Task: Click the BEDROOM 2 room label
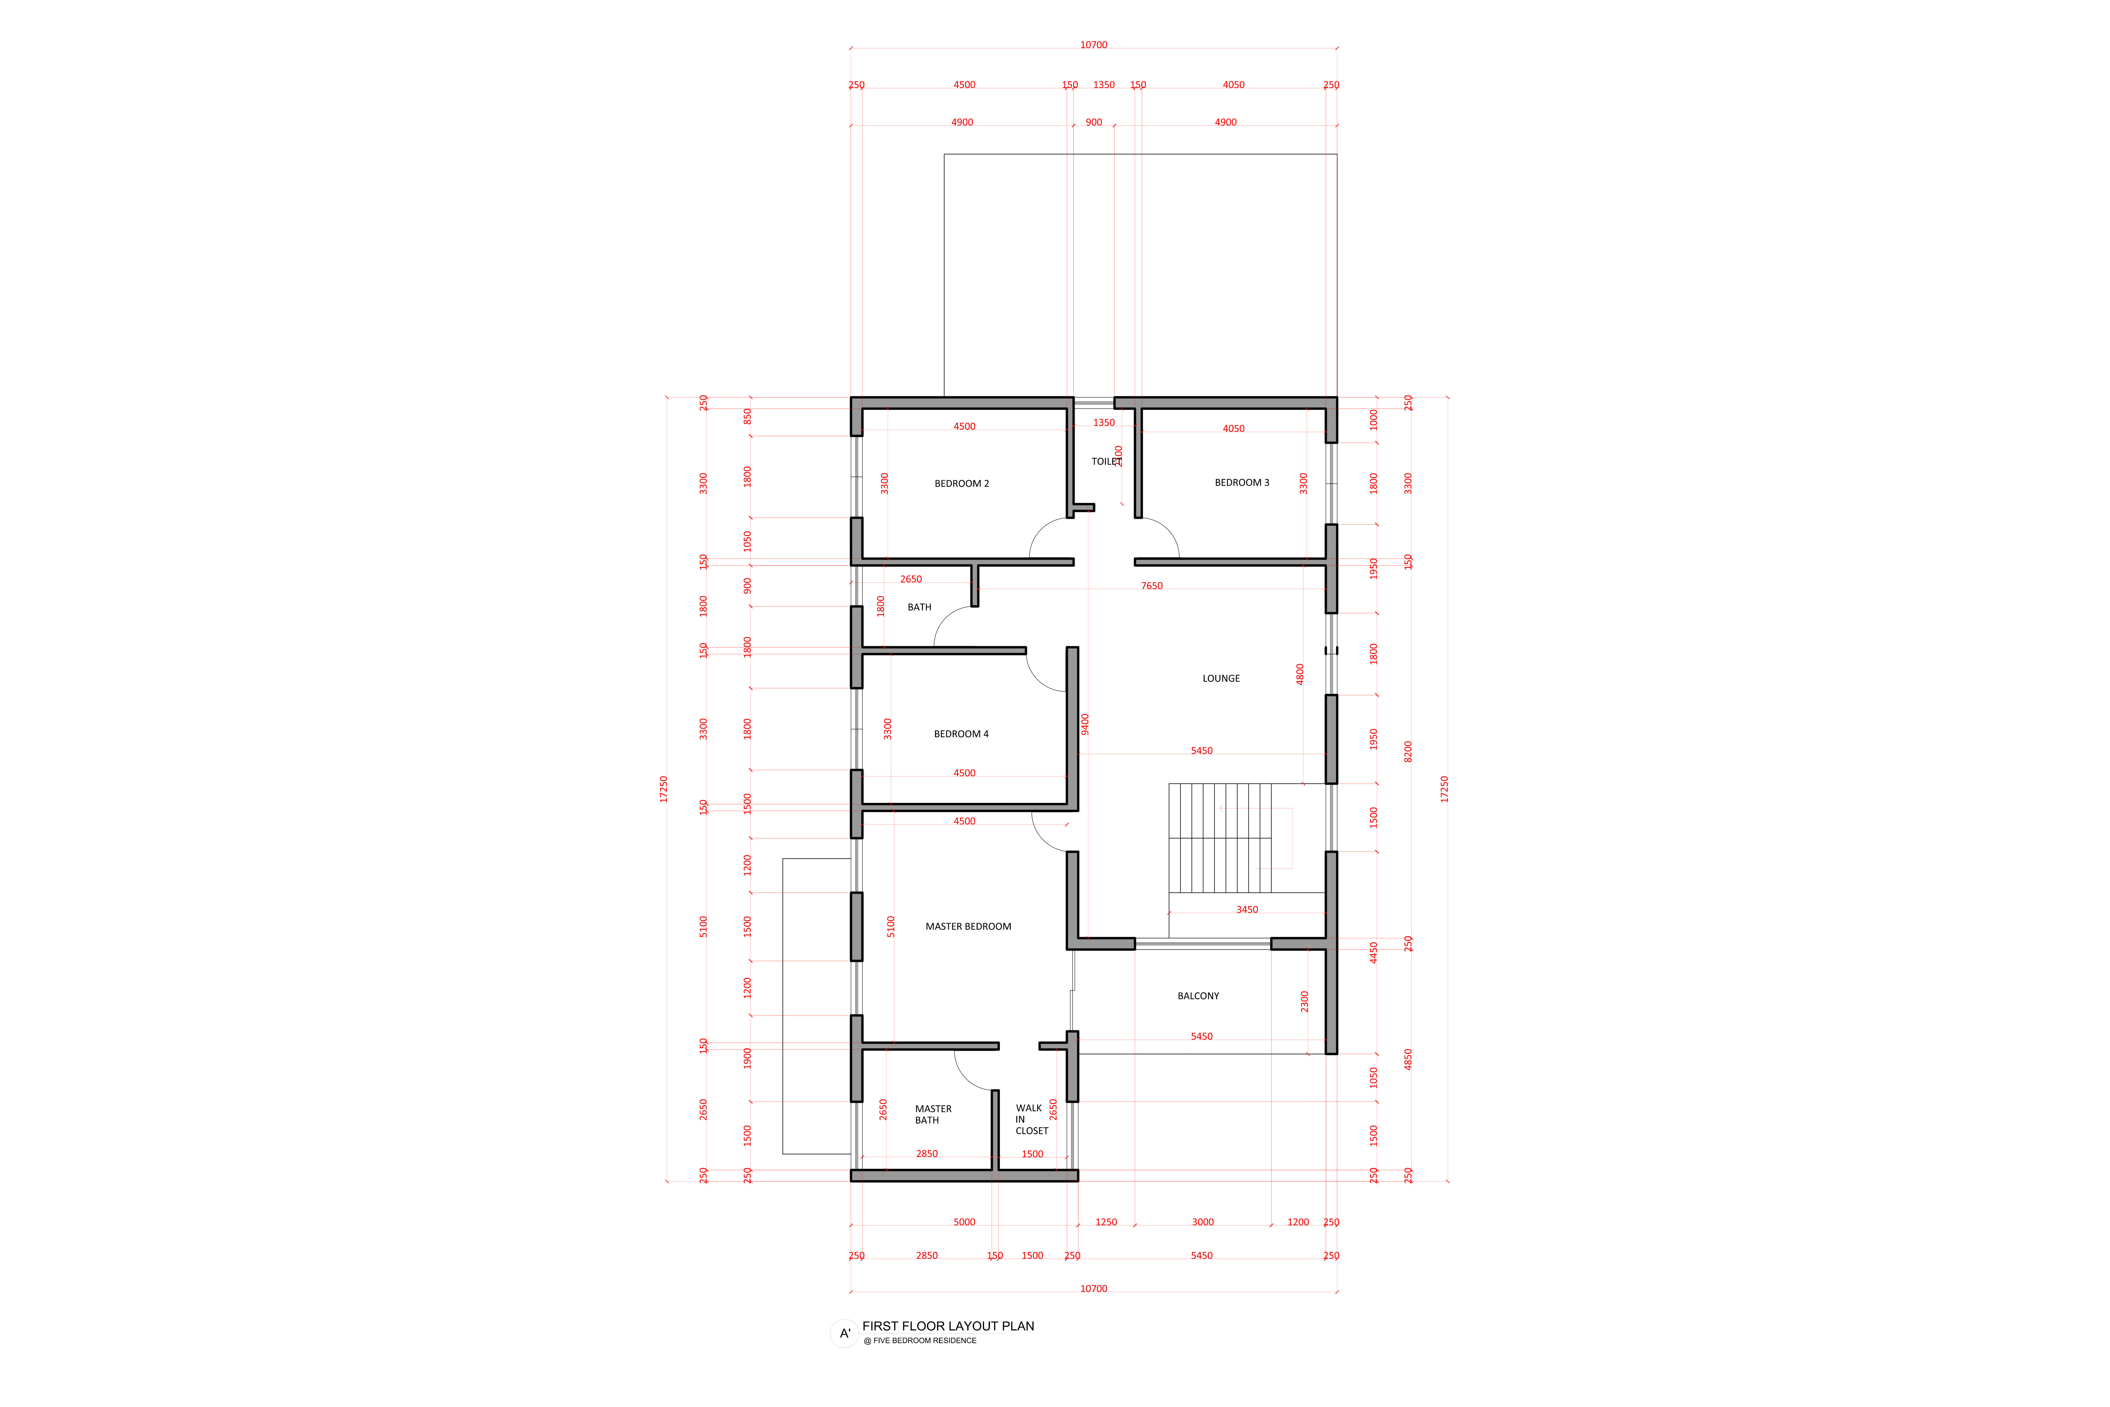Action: [962, 484]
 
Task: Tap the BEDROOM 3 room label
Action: [1242, 483]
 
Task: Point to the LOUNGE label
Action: [1221, 678]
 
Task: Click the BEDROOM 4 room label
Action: [961, 734]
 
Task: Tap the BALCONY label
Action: [1198, 996]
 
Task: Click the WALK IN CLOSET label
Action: [1032, 1119]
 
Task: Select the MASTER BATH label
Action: [933, 1114]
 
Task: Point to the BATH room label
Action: [920, 607]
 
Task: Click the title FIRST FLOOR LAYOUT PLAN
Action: [948, 1326]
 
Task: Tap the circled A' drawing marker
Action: [844, 1333]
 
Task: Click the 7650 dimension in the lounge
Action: [1152, 586]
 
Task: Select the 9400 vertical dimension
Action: [1085, 724]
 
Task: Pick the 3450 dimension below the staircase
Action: [1247, 910]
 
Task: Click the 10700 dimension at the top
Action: [1094, 45]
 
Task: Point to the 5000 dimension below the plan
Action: [964, 1222]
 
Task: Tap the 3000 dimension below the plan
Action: [1203, 1222]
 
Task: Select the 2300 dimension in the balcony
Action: [1304, 1001]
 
